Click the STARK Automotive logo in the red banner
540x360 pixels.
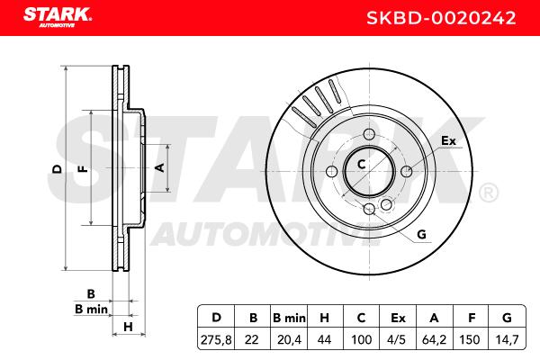pos(58,18)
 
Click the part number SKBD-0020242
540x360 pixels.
pos(441,18)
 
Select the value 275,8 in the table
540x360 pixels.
pos(216,340)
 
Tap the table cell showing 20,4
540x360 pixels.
pos(289,340)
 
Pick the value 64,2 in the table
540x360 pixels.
pos(434,340)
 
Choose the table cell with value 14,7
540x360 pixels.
pos(507,340)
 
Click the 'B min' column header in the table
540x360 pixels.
pos(289,318)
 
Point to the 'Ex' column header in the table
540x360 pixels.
pos(398,318)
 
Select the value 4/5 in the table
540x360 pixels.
pos(396,340)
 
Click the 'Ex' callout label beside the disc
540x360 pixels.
pos(448,141)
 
